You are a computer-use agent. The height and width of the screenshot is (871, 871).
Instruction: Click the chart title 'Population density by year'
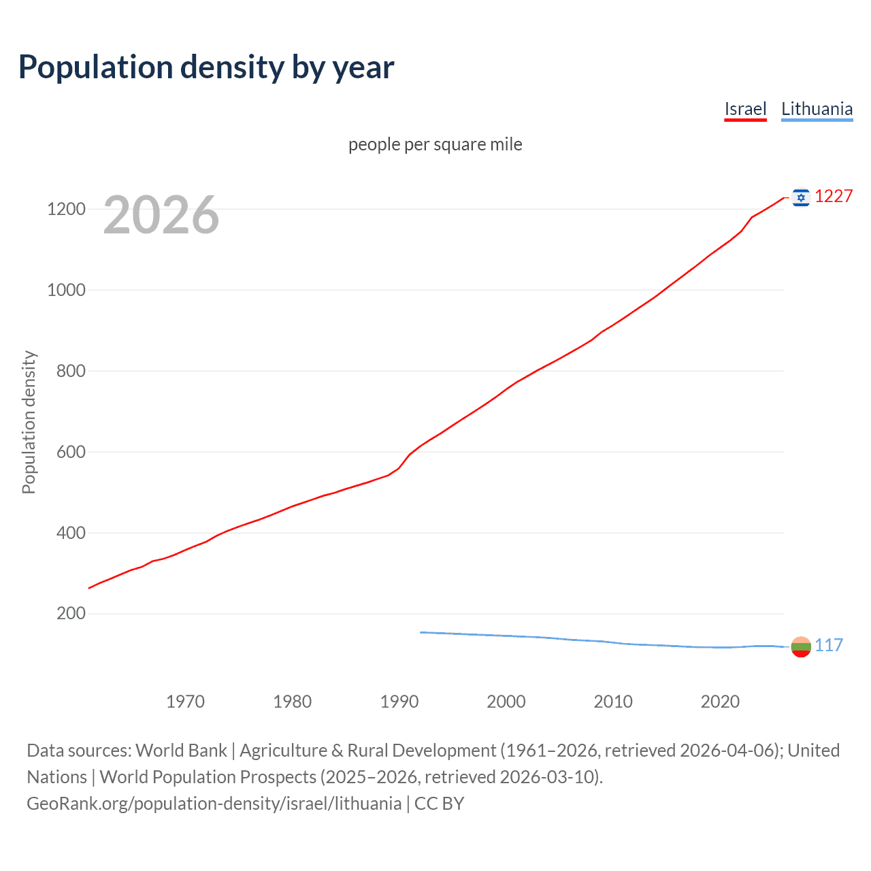[x=206, y=67]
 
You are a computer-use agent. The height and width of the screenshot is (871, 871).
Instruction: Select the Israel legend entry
[x=745, y=109]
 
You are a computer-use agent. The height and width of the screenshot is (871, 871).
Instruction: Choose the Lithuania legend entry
[x=817, y=109]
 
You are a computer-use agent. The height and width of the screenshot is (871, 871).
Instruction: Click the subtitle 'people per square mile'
[x=435, y=144]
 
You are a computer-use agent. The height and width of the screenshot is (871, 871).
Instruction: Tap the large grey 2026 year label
[x=161, y=215]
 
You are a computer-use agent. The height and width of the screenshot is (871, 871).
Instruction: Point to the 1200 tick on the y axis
[x=66, y=209]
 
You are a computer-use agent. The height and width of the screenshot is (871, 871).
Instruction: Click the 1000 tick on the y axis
[x=66, y=290]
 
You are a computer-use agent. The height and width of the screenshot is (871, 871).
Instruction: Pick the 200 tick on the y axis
[x=71, y=614]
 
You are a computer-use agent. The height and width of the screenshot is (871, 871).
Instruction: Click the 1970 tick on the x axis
[x=185, y=702]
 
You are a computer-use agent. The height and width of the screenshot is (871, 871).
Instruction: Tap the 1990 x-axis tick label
[x=399, y=702]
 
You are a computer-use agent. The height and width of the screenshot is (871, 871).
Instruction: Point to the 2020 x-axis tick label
[x=720, y=702]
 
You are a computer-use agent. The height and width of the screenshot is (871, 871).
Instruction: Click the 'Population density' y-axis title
[x=29, y=422]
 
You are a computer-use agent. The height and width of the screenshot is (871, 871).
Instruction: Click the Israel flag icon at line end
[x=801, y=197]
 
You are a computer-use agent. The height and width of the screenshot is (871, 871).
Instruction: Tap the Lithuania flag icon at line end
[x=801, y=646]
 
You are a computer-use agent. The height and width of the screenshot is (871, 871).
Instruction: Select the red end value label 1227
[x=834, y=197]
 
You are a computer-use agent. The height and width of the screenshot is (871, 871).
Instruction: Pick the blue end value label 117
[x=829, y=646]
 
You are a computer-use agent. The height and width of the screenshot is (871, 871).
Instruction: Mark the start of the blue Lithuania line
[x=421, y=632]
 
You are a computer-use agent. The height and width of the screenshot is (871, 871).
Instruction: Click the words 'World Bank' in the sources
[x=181, y=751]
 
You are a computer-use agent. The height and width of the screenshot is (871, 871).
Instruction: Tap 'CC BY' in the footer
[x=439, y=804]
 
